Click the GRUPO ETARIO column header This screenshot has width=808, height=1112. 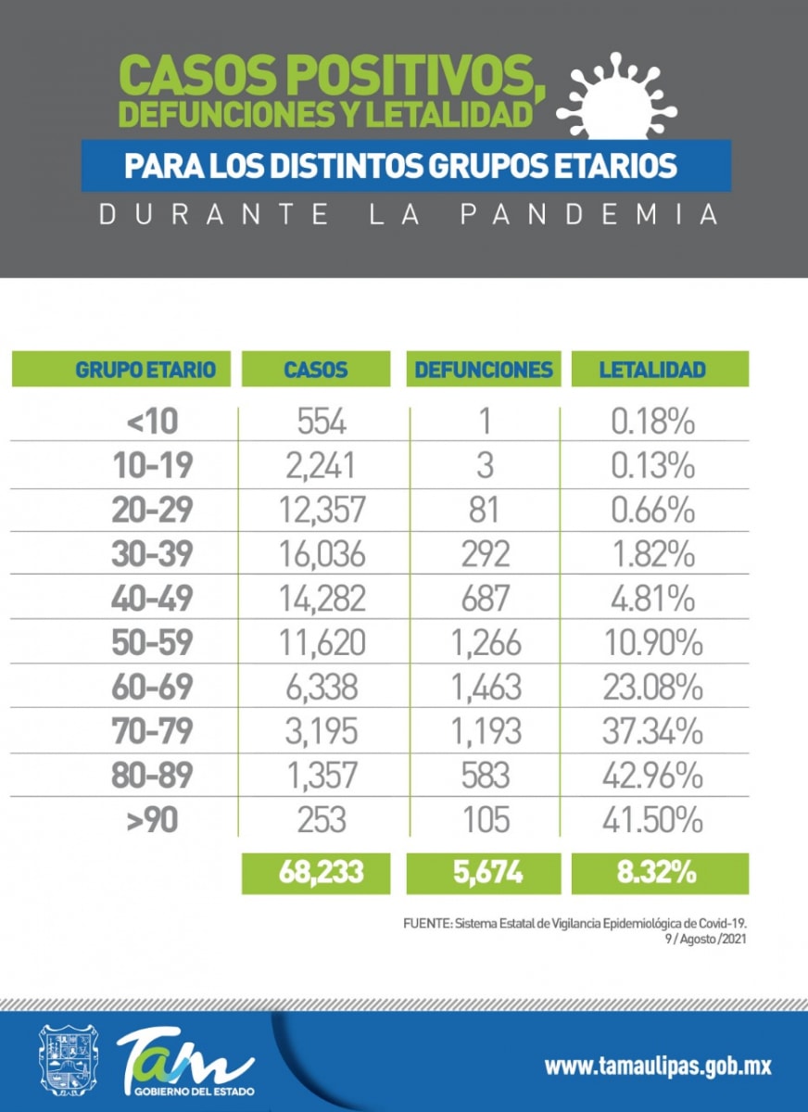coord(145,370)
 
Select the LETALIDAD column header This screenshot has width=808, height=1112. coord(652,370)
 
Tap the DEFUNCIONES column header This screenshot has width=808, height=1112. coord(484,370)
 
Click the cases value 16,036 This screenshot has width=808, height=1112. coord(322,554)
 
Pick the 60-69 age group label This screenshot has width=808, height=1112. coord(152,688)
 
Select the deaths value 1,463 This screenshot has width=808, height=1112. coord(485,688)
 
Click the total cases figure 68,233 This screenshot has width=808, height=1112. coord(316,874)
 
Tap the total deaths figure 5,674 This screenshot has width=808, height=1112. coord(485,874)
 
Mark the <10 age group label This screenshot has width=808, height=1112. coord(152,422)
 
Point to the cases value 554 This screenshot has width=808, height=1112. coord(322,422)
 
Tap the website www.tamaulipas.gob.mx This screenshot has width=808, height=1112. coord(657,1066)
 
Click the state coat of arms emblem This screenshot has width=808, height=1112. coord(68,1060)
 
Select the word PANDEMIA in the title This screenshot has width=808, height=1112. coord(589,215)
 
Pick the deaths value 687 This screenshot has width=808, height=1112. coord(485,599)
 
